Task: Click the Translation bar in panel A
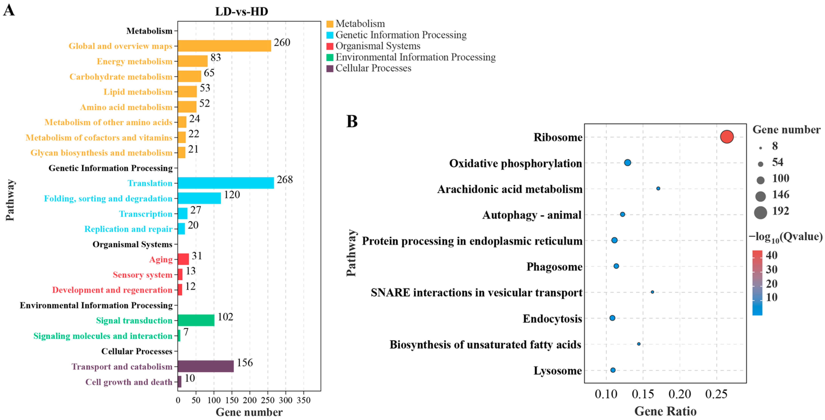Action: [x=226, y=183]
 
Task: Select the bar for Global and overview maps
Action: [x=224, y=46]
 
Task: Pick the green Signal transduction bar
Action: [x=196, y=320]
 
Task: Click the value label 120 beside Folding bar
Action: [x=232, y=195]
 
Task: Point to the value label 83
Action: [x=216, y=58]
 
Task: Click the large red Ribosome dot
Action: [x=727, y=137]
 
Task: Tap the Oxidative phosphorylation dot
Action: [x=627, y=163]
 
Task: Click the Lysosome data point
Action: [x=613, y=370]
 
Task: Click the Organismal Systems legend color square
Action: [x=330, y=46]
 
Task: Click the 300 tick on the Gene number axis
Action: [x=285, y=400]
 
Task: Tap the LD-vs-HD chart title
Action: [x=241, y=12]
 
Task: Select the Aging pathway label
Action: [x=161, y=259]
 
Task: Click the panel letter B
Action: [x=352, y=122]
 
